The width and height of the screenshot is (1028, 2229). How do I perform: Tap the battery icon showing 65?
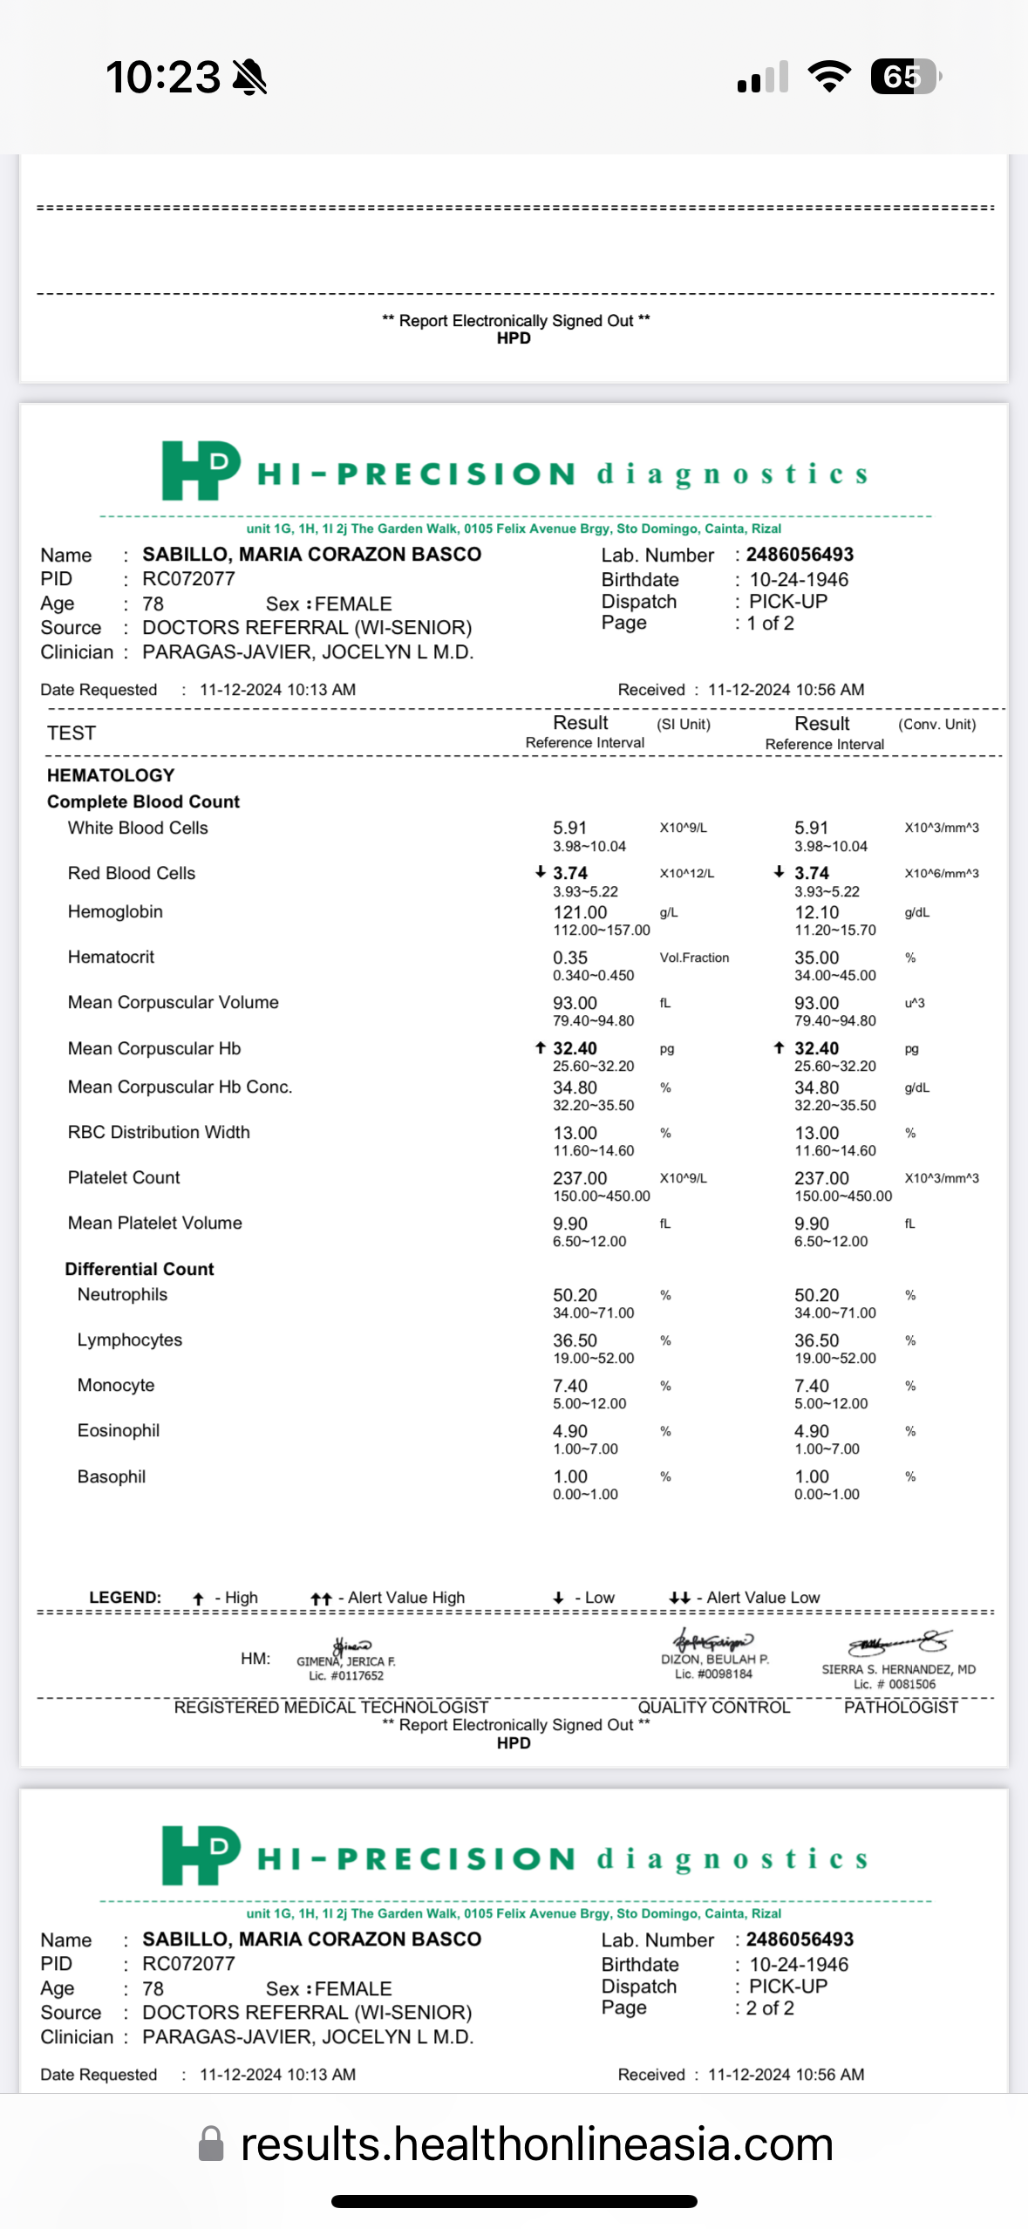tap(905, 77)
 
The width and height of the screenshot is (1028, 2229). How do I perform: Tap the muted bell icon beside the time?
tap(249, 77)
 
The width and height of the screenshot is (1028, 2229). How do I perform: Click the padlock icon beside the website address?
tap(211, 2144)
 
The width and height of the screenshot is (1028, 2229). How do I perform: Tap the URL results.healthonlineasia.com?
tap(536, 2144)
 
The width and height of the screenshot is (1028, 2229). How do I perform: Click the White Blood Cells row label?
tap(138, 828)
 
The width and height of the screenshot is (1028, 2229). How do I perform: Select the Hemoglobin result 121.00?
tap(580, 912)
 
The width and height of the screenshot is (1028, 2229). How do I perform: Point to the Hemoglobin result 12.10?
tap(816, 912)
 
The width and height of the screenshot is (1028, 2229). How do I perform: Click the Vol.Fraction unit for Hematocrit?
tap(694, 958)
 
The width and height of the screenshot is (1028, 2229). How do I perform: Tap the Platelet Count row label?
tap(124, 1177)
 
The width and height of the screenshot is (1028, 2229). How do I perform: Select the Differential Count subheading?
tap(140, 1269)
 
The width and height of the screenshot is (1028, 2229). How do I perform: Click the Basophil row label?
tap(112, 1476)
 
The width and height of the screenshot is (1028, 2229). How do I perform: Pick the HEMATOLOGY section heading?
tap(111, 775)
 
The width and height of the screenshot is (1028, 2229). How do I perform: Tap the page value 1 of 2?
tap(770, 623)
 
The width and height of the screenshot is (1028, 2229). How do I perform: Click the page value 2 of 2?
tap(770, 2007)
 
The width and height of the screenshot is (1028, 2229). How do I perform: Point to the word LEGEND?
tap(125, 1597)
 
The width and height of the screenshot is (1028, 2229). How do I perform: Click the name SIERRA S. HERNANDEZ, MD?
tap(898, 1669)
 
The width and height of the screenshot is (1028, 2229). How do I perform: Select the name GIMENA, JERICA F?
tap(345, 1661)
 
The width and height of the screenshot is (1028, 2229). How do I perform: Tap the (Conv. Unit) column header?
tap(936, 724)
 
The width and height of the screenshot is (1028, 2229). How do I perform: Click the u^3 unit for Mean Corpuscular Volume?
tap(914, 1003)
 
